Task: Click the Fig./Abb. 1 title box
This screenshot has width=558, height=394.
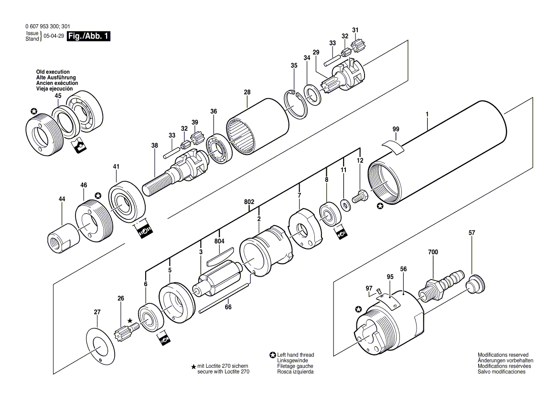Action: (x=89, y=37)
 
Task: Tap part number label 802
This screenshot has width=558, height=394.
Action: (x=249, y=202)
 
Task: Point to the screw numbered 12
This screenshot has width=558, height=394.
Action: (x=360, y=196)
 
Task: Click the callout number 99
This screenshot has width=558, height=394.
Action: (x=396, y=129)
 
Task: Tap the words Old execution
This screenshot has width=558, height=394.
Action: (x=53, y=72)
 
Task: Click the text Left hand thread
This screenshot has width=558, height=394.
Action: (x=295, y=355)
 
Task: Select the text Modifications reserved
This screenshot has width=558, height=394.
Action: (x=503, y=355)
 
